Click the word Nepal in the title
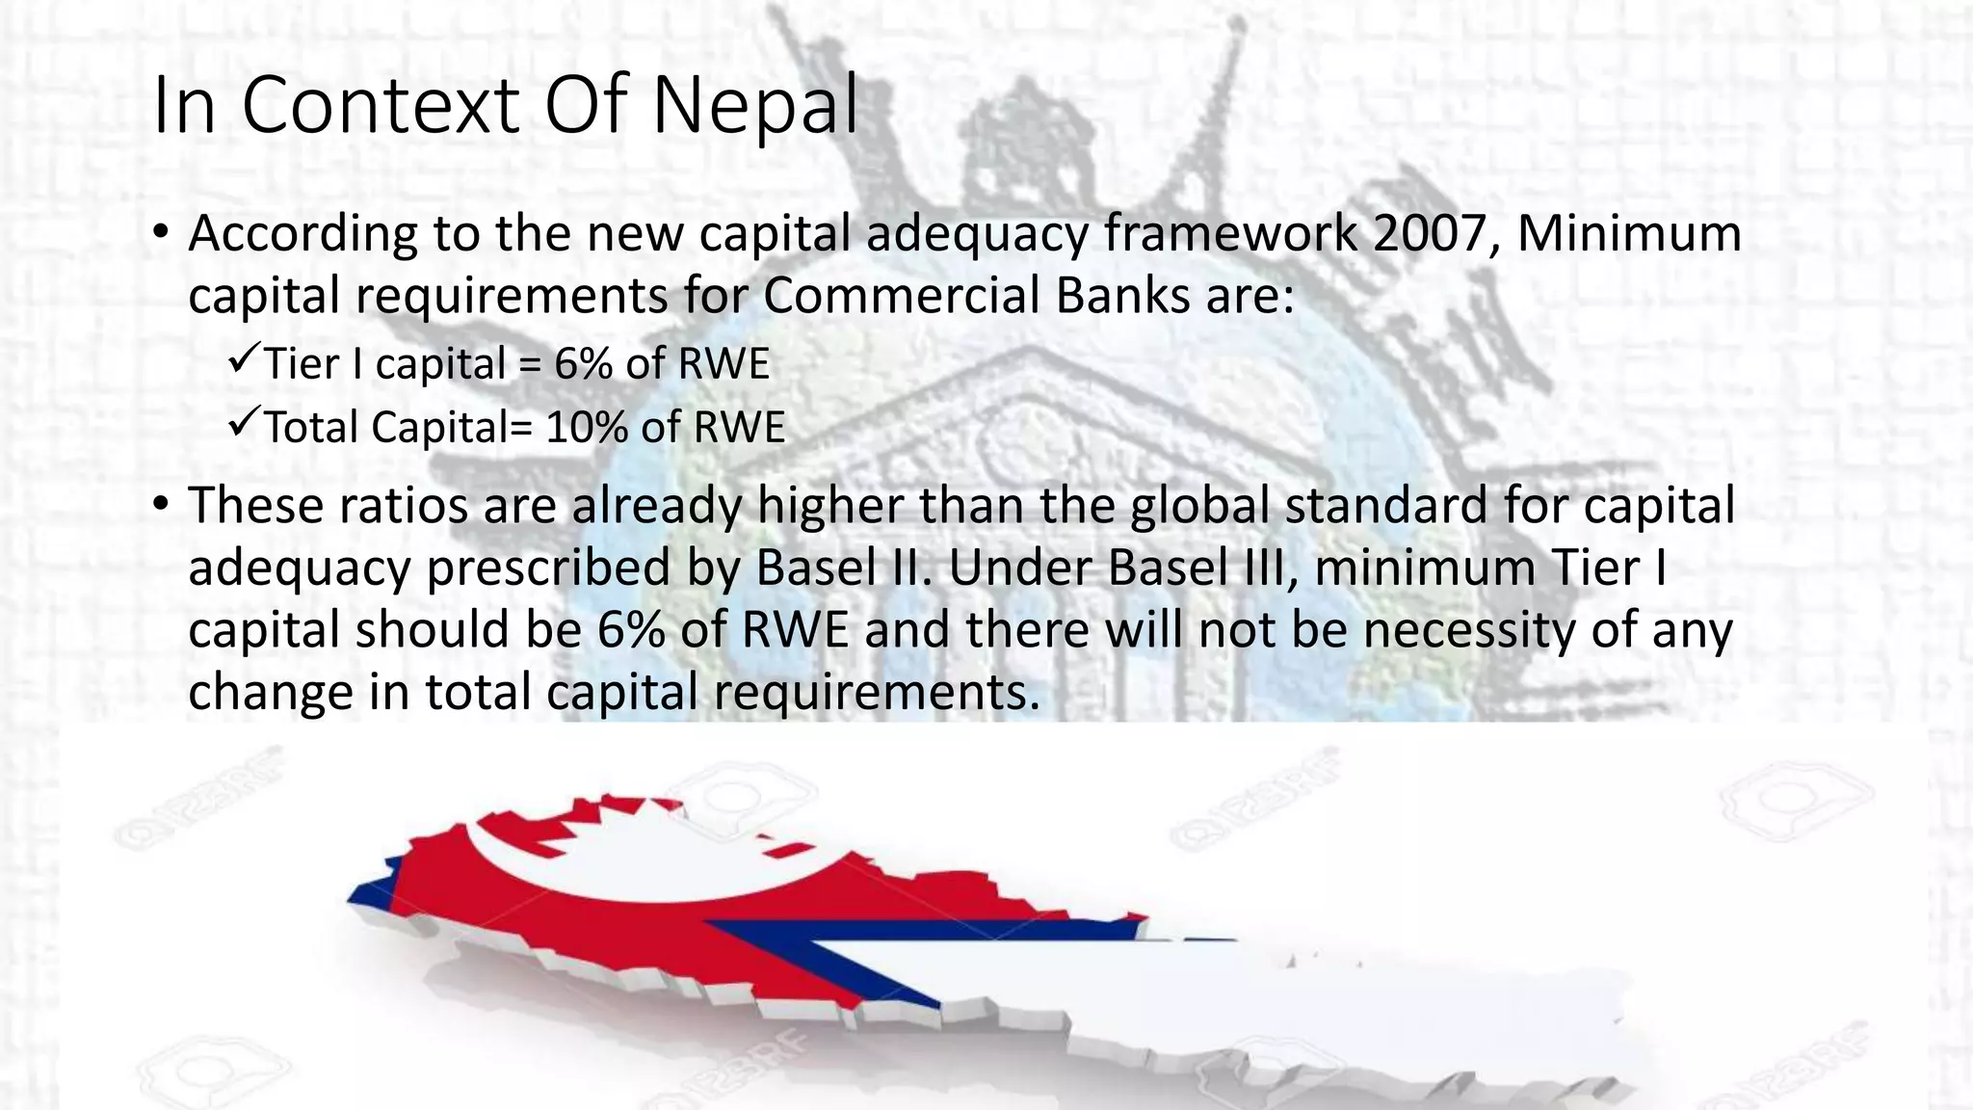(754, 105)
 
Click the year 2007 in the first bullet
(1432, 233)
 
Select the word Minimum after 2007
(1629, 233)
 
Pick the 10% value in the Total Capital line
(587, 427)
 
